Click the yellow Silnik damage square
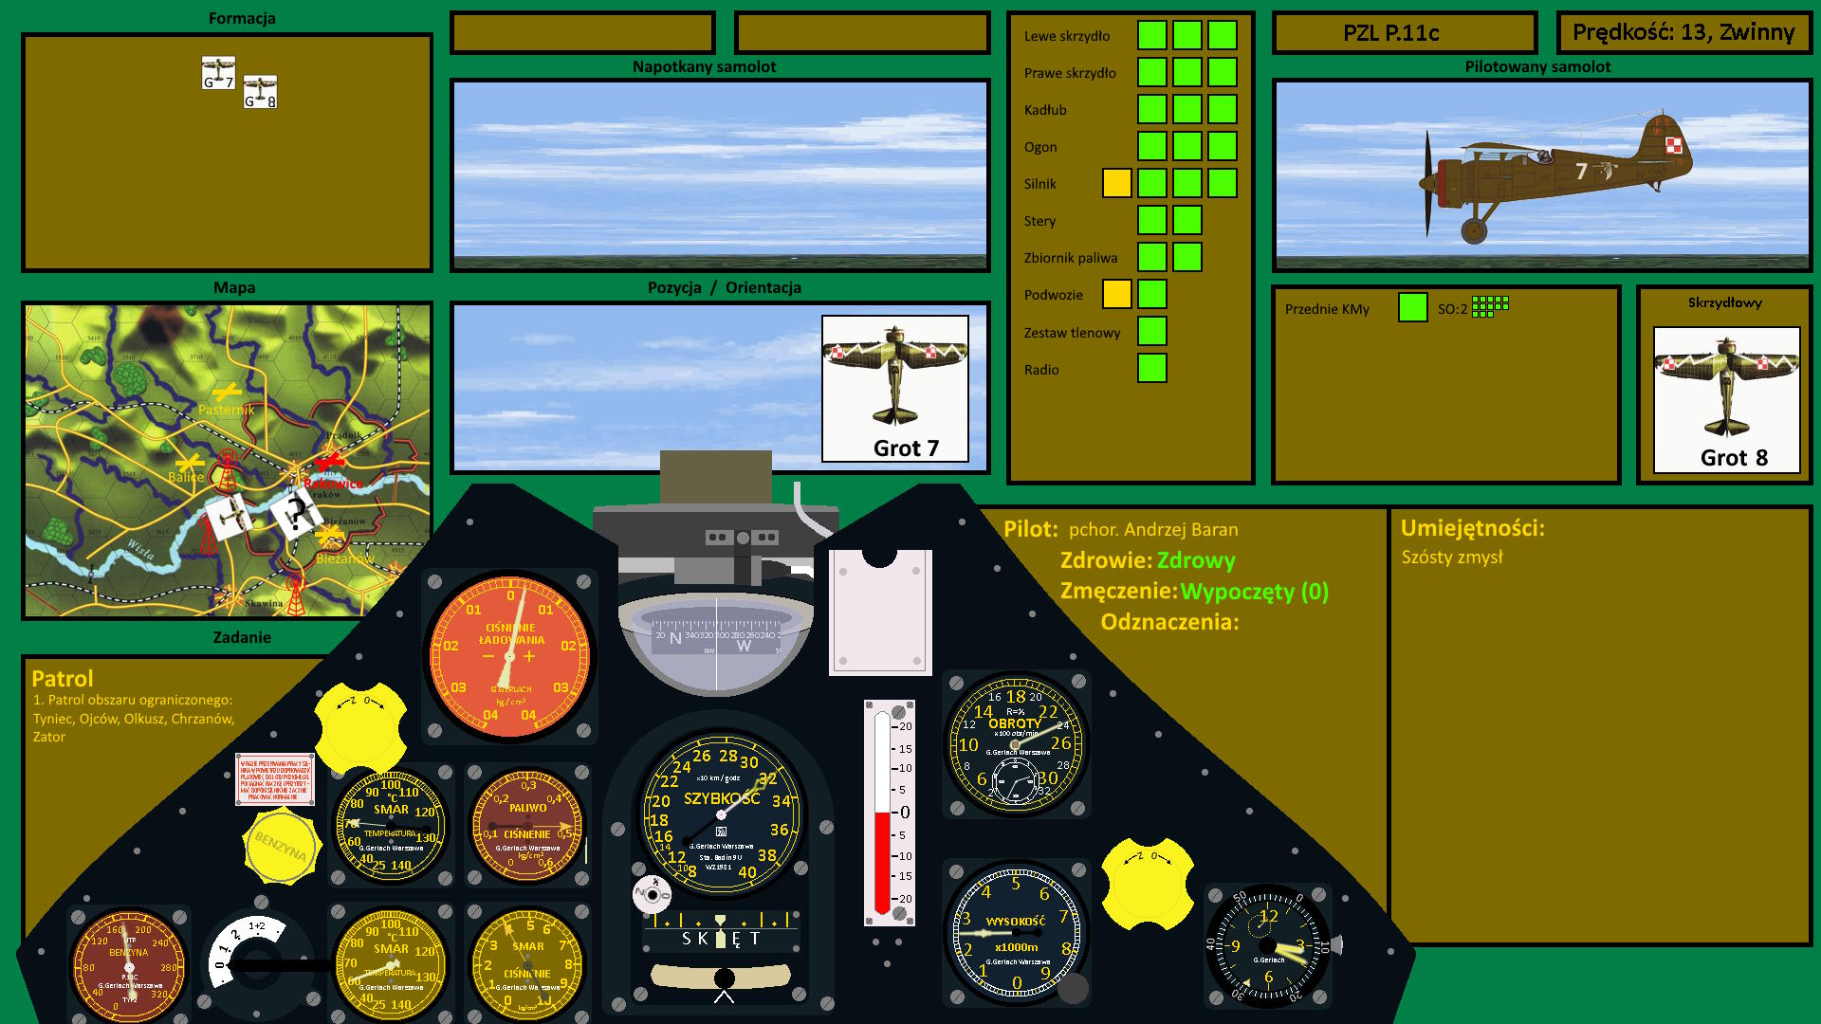(x=1116, y=183)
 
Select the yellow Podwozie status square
(x=1116, y=294)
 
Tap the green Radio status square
(x=1151, y=368)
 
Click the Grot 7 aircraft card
(x=894, y=389)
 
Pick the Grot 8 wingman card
(x=1726, y=399)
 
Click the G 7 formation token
(x=218, y=73)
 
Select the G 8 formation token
(x=260, y=92)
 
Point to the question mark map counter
(x=297, y=513)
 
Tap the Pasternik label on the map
(x=227, y=410)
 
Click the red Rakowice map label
(x=333, y=484)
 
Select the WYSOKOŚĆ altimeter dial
(x=1016, y=934)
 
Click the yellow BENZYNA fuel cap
(x=281, y=844)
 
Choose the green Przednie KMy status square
(x=1412, y=307)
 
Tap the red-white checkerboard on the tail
(x=1674, y=145)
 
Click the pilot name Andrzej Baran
(x=1152, y=530)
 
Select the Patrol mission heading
(x=63, y=679)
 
